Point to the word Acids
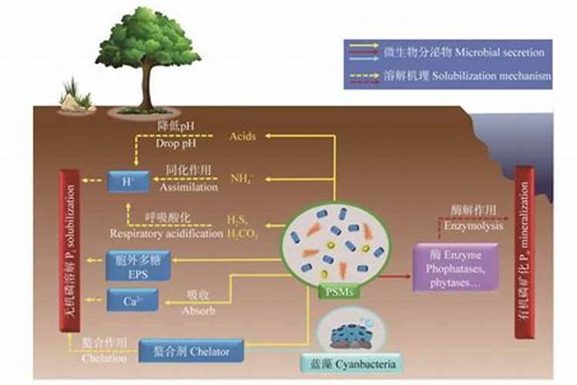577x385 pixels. click(242, 136)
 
